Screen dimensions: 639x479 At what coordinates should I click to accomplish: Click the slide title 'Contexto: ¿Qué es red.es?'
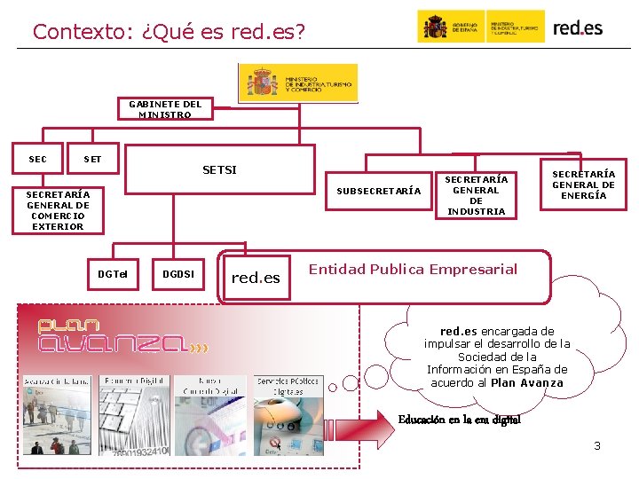[x=169, y=32]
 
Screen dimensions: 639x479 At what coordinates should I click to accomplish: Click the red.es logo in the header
[x=578, y=27]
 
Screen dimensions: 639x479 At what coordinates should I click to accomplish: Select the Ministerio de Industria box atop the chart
[x=297, y=83]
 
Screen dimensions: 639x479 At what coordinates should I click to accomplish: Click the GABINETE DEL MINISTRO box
[x=165, y=109]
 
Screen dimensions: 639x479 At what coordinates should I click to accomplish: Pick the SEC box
[x=38, y=160]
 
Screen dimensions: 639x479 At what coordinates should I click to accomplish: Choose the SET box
[x=92, y=160]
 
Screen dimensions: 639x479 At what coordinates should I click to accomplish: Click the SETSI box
[x=219, y=169]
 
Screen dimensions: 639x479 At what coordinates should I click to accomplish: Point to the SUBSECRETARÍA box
[x=379, y=191]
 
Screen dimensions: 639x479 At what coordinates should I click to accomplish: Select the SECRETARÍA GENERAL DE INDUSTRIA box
[x=477, y=195]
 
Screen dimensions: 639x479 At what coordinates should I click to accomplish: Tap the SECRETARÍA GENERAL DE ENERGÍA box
[x=583, y=185]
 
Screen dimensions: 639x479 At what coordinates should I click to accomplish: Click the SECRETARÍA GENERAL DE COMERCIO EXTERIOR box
[x=58, y=210]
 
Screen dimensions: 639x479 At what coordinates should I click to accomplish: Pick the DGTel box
[x=113, y=274]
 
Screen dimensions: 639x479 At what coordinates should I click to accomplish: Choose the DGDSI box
[x=178, y=274]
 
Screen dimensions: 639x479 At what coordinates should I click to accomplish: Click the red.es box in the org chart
[x=256, y=278]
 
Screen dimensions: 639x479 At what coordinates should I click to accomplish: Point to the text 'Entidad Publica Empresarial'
[x=413, y=269]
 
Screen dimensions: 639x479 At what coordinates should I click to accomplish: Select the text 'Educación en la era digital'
[x=460, y=420]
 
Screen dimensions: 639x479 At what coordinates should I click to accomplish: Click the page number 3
[x=597, y=445]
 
